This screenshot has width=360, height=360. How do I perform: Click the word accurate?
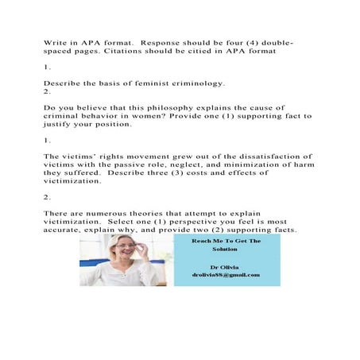click(66, 232)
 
